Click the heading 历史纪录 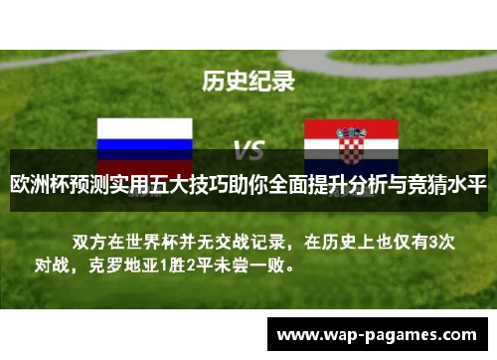(x=248, y=81)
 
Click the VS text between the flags (x=248, y=150)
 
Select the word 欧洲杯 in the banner (x=38, y=185)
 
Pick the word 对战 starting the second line (x=55, y=266)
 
